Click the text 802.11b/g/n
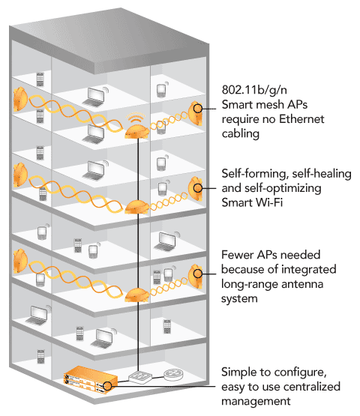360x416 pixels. [x=254, y=90]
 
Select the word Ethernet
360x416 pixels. [x=301, y=119]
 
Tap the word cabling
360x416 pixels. [x=241, y=133]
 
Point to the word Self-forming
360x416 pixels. [x=255, y=174]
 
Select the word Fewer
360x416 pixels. [x=237, y=255]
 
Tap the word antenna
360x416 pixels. [x=302, y=284]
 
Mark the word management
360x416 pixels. [x=256, y=402]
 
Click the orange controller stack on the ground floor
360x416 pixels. [x=91, y=379]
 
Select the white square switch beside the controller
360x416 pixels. [x=140, y=377]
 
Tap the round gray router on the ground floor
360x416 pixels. [x=174, y=374]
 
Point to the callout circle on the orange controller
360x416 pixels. [x=107, y=386]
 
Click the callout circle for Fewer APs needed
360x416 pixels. [x=198, y=274]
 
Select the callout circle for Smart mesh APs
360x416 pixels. [x=198, y=109]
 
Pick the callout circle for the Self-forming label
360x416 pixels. [x=198, y=188]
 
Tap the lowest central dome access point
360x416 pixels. [x=136, y=295]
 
